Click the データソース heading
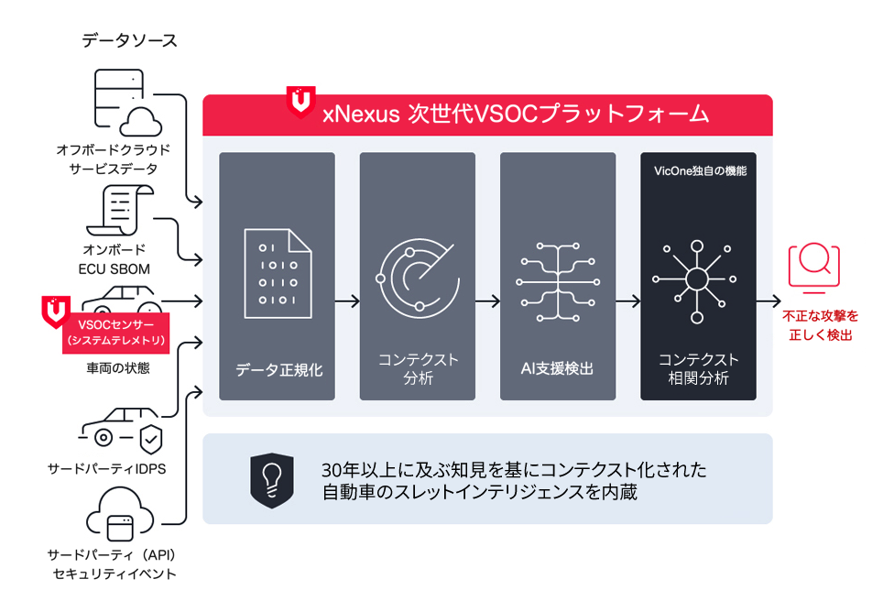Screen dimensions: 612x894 coord(129,40)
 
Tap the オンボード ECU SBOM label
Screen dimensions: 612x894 coord(114,258)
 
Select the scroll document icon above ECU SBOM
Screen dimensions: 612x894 coord(119,209)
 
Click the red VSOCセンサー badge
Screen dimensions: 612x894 coord(111,332)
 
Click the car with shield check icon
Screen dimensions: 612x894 coord(120,436)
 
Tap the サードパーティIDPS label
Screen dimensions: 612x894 coord(113,469)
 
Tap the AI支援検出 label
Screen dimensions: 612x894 coord(557,369)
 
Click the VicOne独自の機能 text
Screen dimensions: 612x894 coord(699,170)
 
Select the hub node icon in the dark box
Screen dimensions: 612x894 coord(697,279)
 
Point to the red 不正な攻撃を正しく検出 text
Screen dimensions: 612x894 coord(820,325)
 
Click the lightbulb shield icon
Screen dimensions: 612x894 coord(271,478)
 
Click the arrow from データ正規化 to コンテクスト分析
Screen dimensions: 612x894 coord(347,300)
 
